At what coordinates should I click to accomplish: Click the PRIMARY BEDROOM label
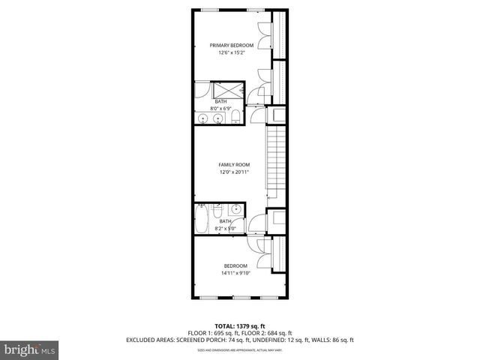[231, 46]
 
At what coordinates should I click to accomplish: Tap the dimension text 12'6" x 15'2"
[231, 53]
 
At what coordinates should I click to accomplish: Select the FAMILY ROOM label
[234, 164]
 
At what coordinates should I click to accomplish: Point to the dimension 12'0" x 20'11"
[234, 172]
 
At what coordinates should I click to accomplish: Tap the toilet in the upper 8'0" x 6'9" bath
[235, 116]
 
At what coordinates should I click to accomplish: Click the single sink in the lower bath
[235, 209]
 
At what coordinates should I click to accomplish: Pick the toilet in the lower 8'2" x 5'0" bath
[218, 209]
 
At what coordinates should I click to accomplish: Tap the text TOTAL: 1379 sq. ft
[239, 325]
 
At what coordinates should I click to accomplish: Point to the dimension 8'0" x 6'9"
[223, 109]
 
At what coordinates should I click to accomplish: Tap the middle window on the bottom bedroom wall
[239, 298]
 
